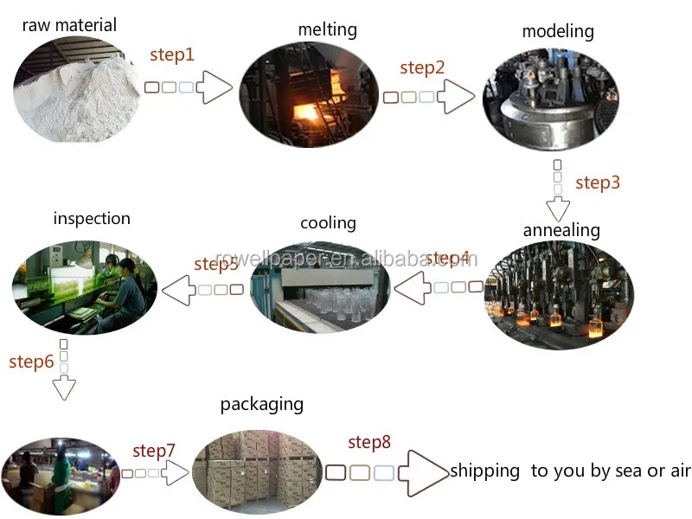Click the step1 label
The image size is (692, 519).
click(x=172, y=54)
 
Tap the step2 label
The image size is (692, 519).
click(x=423, y=67)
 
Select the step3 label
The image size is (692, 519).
click(x=598, y=183)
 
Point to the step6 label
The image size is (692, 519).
click(x=31, y=362)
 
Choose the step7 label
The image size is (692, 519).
click(x=154, y=451)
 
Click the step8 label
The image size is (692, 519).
click(x=369, y=443)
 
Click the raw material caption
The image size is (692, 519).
click(x=69, y=25)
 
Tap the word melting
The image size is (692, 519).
click(x=327, y=29)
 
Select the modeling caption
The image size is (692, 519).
click(x=558, y=32)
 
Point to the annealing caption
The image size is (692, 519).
click(x=561, y=230)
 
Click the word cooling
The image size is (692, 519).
click(x=328, y=223)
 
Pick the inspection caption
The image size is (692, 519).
click(x=92, y=218)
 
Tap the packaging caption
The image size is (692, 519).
click(x=262, y=404)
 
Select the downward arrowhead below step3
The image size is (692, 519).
click(x=558, y=209)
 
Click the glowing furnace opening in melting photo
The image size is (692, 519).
click(x=305, y=113)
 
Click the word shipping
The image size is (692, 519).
click(x=485, y=471)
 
